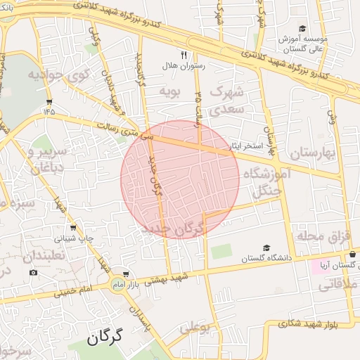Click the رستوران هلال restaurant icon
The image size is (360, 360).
184,54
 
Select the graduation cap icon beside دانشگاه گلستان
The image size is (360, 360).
266,248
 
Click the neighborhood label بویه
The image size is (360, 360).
171,91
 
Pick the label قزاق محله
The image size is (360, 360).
317,236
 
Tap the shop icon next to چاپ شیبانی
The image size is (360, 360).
73,228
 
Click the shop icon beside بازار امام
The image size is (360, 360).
126,275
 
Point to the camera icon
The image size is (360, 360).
33,273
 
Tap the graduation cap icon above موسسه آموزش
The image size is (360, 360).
302,29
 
